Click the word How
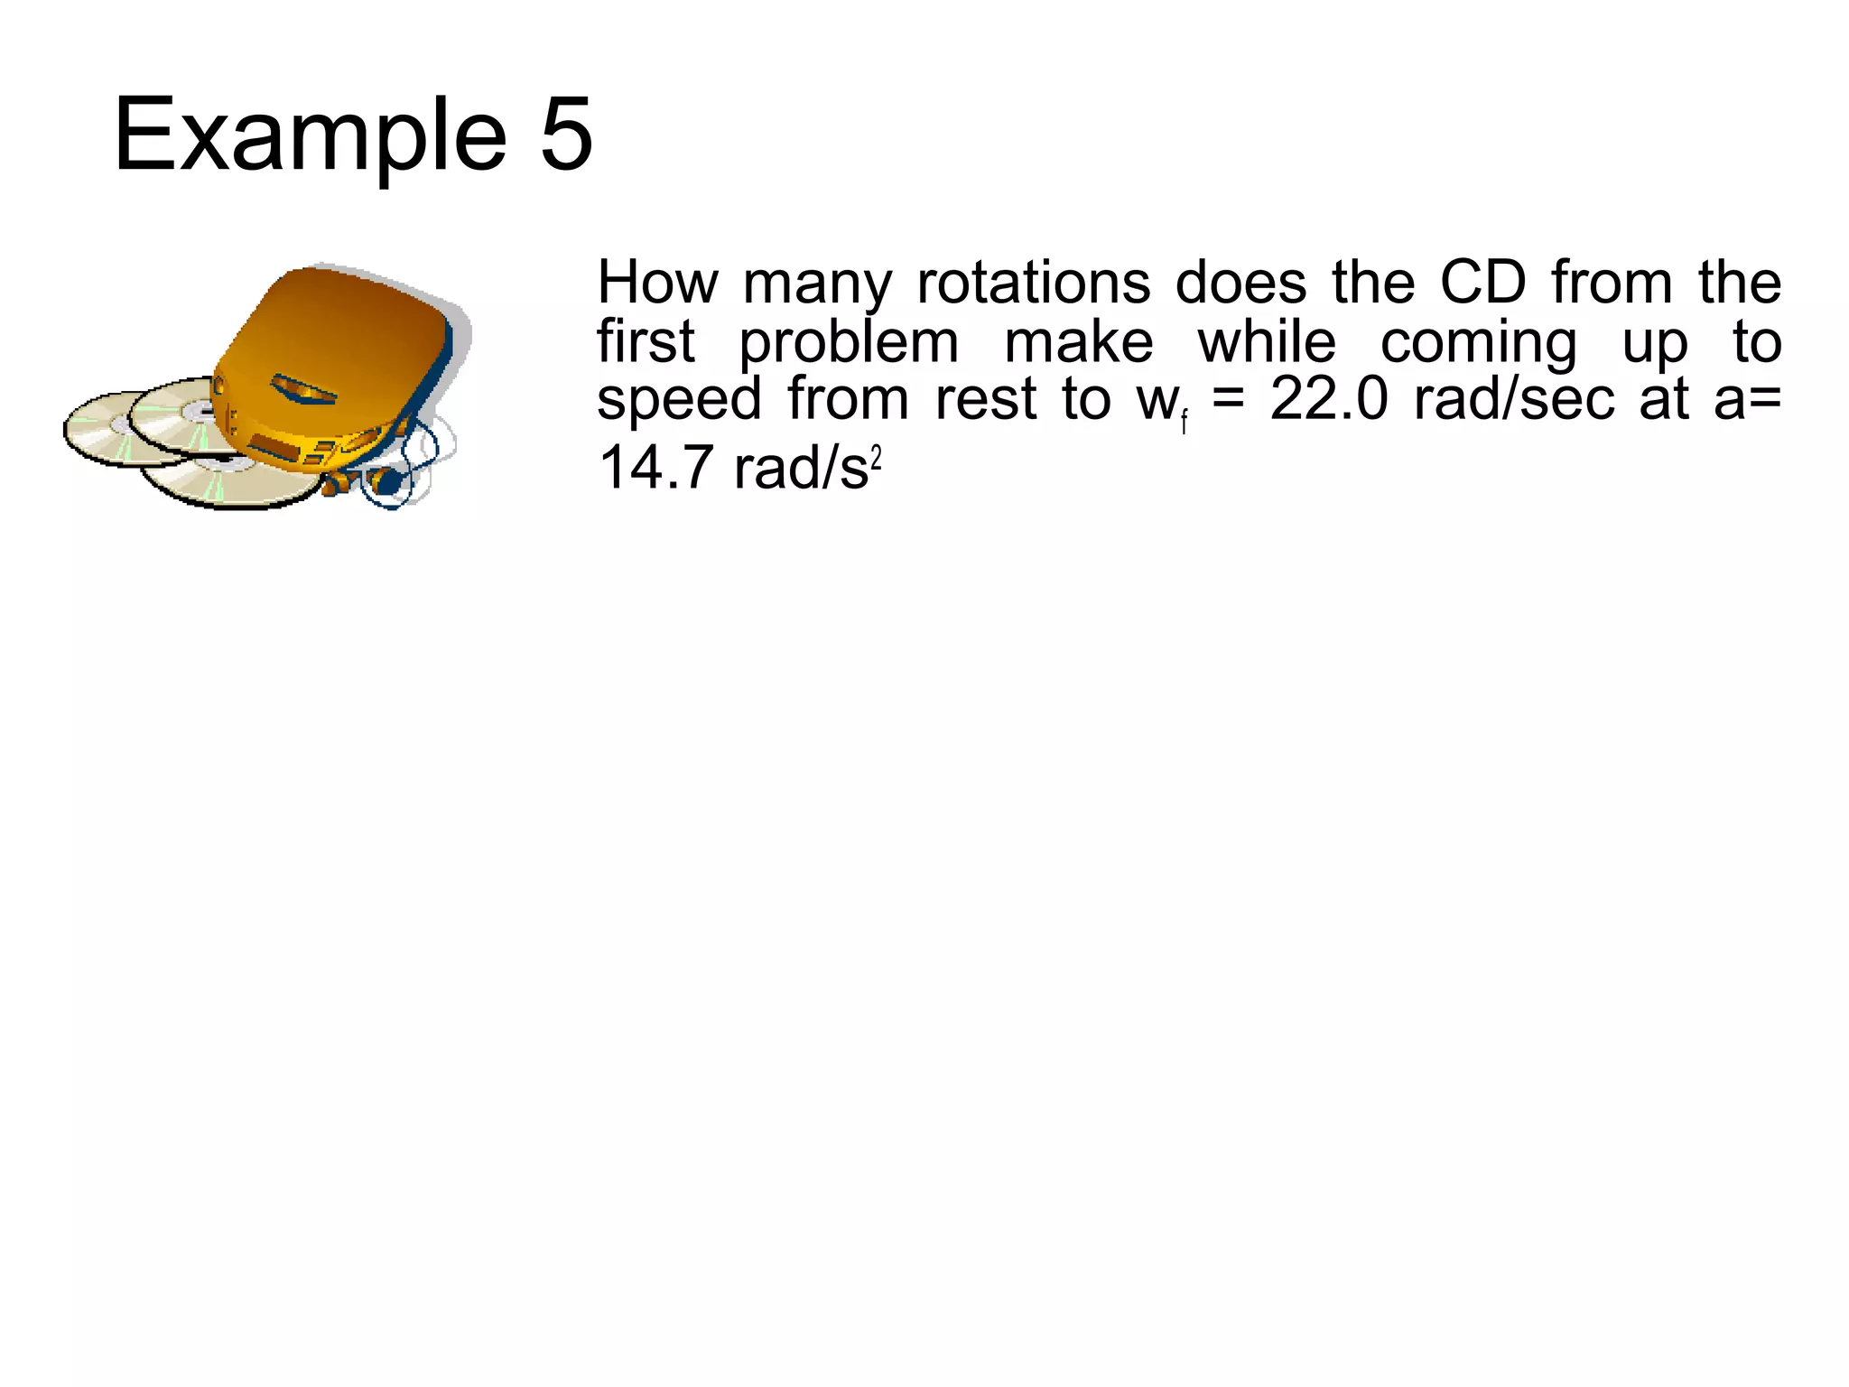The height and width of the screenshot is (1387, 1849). pyautogui.click(x=657, y=283)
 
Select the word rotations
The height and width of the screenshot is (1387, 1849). pyautogui.click(x=1033, y=283)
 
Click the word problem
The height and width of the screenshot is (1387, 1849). pyautogui.click(x=849, y=344)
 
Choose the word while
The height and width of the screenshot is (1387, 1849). pyautogui.click(x=1266, y=342)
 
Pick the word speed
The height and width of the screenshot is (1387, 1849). pyautogui.click(x=679, y=401)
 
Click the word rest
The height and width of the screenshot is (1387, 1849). pyautogui.click(x=985, y=401)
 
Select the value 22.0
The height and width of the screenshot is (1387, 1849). pyautogui.click(x=1328, y=400)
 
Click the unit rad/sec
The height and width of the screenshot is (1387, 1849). pyautogui.click(x=1514, y=400)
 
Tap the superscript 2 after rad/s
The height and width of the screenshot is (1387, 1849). pyautogui.click(x=875, y=460)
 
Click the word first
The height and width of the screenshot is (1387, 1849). pyautogui.click(x=646, y=342)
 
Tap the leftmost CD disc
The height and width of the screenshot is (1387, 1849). pyautogui.click(x=104, y=429)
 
